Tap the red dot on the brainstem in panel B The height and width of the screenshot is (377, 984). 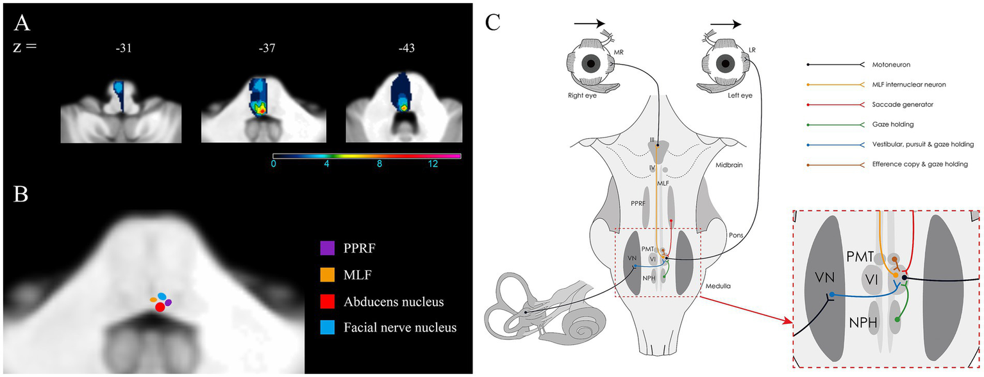tap(160, 307)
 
